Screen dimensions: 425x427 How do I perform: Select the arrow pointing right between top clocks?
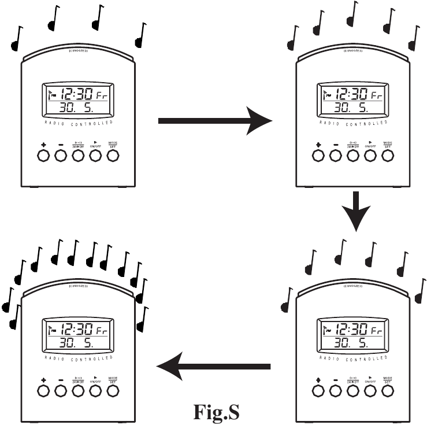(x=214, y=121)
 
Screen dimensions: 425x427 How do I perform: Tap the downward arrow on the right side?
(x=355, y=210)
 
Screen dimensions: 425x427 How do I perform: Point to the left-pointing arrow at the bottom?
(x=214, y=366)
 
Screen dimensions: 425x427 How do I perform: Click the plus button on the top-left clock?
(x=43, y=155)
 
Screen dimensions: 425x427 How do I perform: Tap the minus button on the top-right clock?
(x=335, y=155)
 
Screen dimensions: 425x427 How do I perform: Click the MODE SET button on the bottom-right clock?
(x=388, y=391)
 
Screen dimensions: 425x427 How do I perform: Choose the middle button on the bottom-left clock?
(x=78, y=391)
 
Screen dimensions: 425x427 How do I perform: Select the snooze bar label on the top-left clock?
(x=79, y=51)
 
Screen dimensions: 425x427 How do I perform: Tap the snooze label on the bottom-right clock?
(x=352, y=286)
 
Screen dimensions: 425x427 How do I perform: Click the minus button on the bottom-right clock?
(x=335, y=391)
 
